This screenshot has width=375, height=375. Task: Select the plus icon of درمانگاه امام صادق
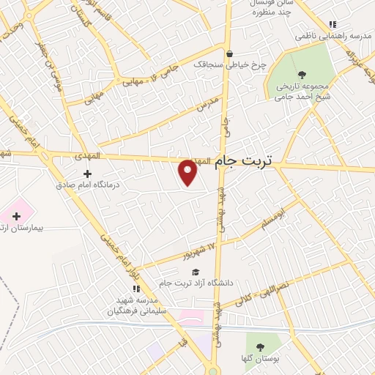point(88,174)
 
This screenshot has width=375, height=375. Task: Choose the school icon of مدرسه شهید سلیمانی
point(136,289)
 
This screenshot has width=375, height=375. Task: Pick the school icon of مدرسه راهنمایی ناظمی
point(333,24)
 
